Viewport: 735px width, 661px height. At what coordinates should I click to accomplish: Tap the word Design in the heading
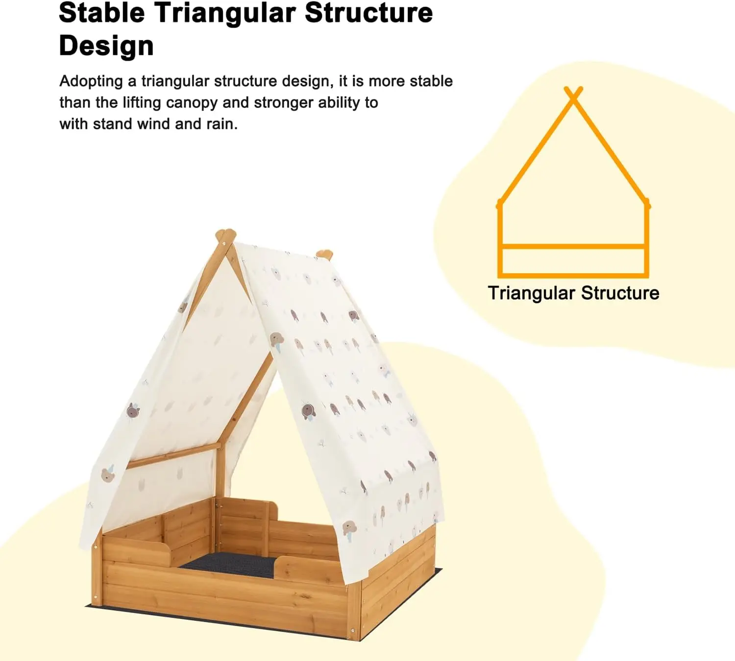point(106,46)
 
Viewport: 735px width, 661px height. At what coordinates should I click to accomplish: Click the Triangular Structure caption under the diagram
point(573,293)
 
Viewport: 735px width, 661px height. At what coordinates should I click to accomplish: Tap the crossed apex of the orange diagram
point(573,94)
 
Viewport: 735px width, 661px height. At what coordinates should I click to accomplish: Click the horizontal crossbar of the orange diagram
point(573,246)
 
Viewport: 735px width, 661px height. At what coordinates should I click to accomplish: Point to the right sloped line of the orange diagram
point(612,152)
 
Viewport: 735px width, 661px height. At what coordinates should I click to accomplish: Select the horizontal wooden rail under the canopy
point(171,455)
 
